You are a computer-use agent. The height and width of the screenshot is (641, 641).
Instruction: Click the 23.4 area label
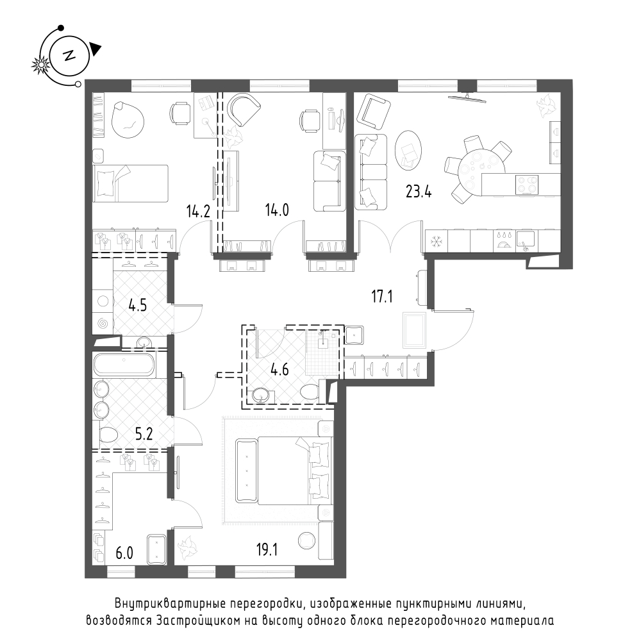pyautogui.click(x=419, y=191)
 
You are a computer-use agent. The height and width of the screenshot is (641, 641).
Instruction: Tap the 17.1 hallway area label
pyautogui.click(x=382, y=296)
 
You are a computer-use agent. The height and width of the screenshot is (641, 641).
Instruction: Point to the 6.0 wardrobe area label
pyautogui.click(x=124, y=553)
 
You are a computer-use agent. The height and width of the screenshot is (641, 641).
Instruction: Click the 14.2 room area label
pyautogui.click(x=198, y=212)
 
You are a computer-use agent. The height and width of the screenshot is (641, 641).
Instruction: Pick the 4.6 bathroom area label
pyautogui.click(x=279, y=370)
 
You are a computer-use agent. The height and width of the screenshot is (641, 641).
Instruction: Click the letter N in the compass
pyautogui.click(x=69, y=56)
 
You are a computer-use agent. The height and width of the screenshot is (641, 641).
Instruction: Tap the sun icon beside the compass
pyautogui.click(x=40, y=65)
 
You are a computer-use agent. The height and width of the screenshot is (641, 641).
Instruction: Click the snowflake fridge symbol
pyautogui.click(x=436, y=242)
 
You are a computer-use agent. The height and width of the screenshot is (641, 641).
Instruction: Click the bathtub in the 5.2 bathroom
pyautogui.click(x=124, y=365)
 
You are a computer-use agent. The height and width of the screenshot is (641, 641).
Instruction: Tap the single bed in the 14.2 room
pyautogui.click(x=130, y=183)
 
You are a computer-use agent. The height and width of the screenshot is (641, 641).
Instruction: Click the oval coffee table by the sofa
pyautogui.click(x=408, y=149)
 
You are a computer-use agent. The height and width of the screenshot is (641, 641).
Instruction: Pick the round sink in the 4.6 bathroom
pyautogui.click(x=260, y=395)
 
